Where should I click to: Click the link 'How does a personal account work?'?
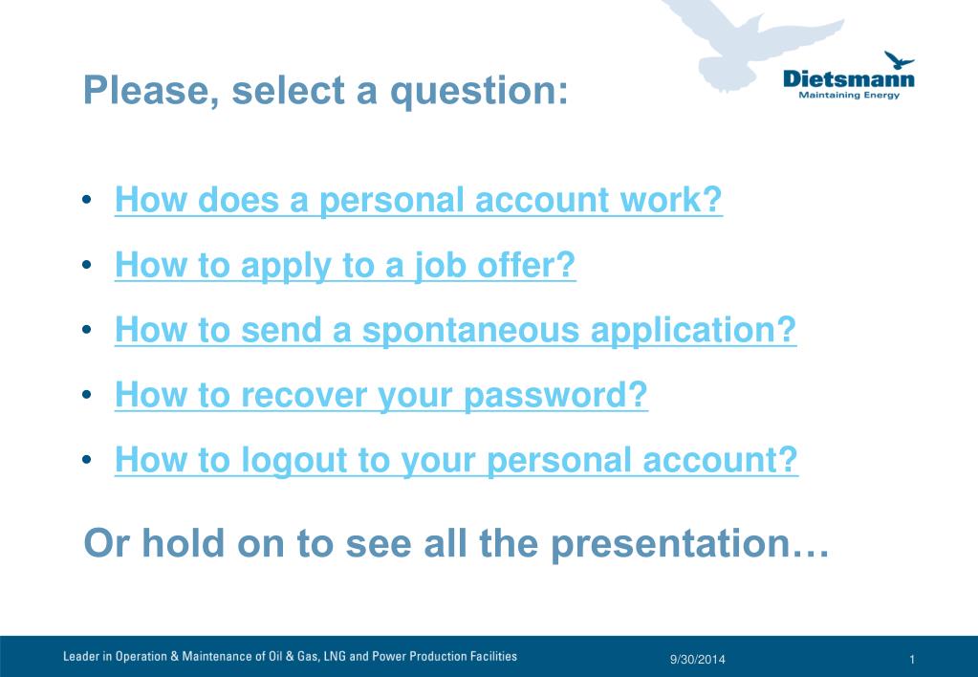click(419, 200)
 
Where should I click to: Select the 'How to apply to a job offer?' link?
click(345, 265)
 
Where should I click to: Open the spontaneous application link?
click(455, 330)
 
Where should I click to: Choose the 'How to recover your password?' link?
click(381, 395)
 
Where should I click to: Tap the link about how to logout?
click(456, 461)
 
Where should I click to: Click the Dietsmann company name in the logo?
click(848, 79)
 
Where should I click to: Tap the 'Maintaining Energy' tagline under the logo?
click(849, 95)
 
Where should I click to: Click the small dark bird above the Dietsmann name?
click(899, 60)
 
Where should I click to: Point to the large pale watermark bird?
click(750, 45)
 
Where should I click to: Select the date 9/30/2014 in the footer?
click(697, 659)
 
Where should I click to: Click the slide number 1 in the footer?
click(912, 660)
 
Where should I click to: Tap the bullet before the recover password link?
click(87, 394)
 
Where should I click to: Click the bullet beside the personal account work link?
click(87, 200)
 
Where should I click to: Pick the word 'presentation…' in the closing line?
click(690, 544)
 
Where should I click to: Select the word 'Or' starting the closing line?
click(107, 543)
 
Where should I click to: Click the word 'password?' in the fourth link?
click(555, 396)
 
